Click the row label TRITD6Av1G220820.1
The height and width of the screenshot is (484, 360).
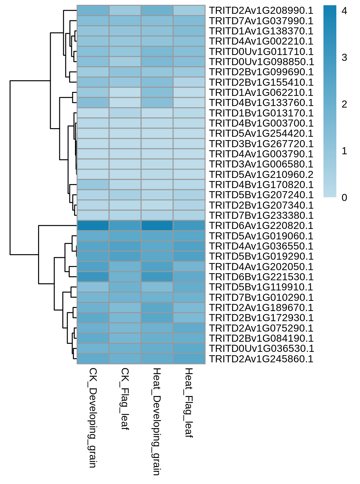click(x=261, y=226)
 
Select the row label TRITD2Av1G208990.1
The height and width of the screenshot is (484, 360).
click(x=261, y=10)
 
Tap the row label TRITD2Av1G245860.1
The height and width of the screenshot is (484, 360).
click(x=261, y=359)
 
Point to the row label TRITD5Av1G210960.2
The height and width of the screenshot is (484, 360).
click(x=261, y=174)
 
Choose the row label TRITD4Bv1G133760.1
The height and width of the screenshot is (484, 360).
click(x=261, y=103)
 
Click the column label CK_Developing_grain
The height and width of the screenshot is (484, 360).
click(x=93, y=418)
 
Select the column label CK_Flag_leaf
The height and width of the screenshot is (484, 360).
click(x=125, y=399)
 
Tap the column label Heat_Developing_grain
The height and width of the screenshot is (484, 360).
click(x=157, y=422)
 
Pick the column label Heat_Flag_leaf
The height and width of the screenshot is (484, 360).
click(x=189, y=403)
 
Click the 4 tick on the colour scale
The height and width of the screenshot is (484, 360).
click(x=344, y=11)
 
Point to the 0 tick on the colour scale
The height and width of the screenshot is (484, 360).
click(x=344, y=198)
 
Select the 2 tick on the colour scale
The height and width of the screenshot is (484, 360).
click(x=344, y=104)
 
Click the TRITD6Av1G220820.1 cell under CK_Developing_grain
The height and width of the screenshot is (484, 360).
click(x=93, y=226)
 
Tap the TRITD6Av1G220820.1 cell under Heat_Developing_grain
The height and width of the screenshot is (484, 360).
click(x=157, y=226)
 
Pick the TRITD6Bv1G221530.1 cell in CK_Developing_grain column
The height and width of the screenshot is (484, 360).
click(x=93, y=277)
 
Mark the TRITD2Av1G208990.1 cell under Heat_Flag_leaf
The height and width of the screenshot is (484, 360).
click(x=189, y=10)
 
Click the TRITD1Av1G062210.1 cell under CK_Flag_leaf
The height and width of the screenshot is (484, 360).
click(x=125, y=92)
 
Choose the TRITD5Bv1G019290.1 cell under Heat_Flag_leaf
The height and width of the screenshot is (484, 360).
click(x=189, y=256)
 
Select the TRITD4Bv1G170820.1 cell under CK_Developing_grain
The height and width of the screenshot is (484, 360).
click(x=93, y=185)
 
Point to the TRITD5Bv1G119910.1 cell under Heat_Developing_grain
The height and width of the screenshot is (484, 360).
click(x=157, y=287)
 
